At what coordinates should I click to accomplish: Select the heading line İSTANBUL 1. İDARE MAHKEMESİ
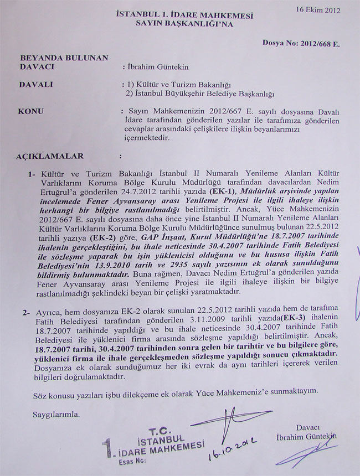(181, 13)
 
